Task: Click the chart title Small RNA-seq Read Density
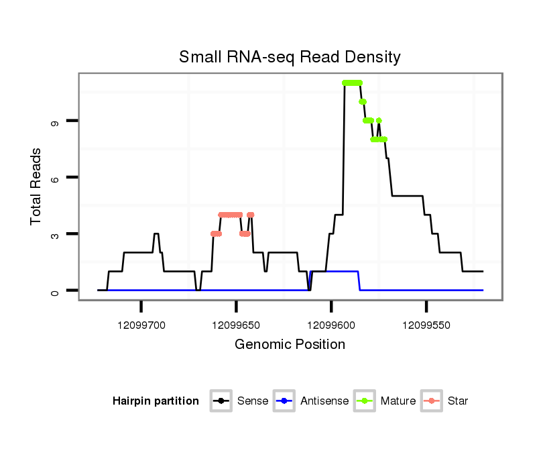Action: pos(290,57)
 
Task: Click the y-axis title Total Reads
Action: pos(38,187)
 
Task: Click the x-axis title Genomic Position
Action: pos(290,345)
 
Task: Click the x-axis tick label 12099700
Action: pos(141,325)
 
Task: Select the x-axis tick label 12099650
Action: pos(237,325)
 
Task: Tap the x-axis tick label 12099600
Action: pos(331,325)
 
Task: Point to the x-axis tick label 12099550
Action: pos(426,325)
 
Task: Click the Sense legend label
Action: pos(253,401)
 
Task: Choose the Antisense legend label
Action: pos(324,401)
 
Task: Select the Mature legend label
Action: pos(398,401)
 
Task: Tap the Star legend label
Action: pos(459,401)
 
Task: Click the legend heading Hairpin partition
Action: pos(156,401)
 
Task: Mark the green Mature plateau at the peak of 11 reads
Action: pos(352,83)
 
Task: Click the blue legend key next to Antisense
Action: pos(286,401)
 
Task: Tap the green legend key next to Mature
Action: pos(366,401)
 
